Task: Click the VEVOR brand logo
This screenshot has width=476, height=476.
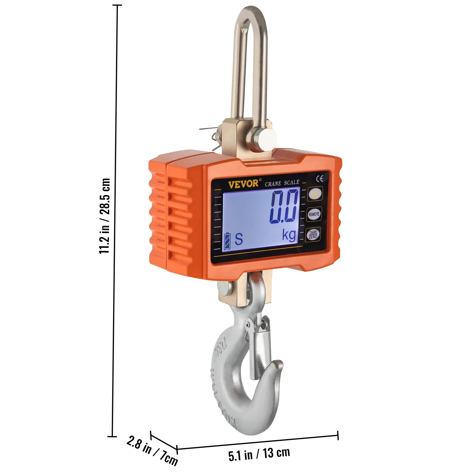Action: tap(243, 183)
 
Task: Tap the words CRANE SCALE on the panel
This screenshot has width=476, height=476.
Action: tap(282, 183)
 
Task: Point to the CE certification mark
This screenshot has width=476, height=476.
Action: tap(320, 178)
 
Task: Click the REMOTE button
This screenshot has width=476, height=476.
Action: tap(314, 214)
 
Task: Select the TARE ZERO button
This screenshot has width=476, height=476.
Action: tap(313, 235)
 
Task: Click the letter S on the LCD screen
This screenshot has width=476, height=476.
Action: tap(239, 239)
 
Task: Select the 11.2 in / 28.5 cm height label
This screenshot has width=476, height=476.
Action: tap(105, 216)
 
